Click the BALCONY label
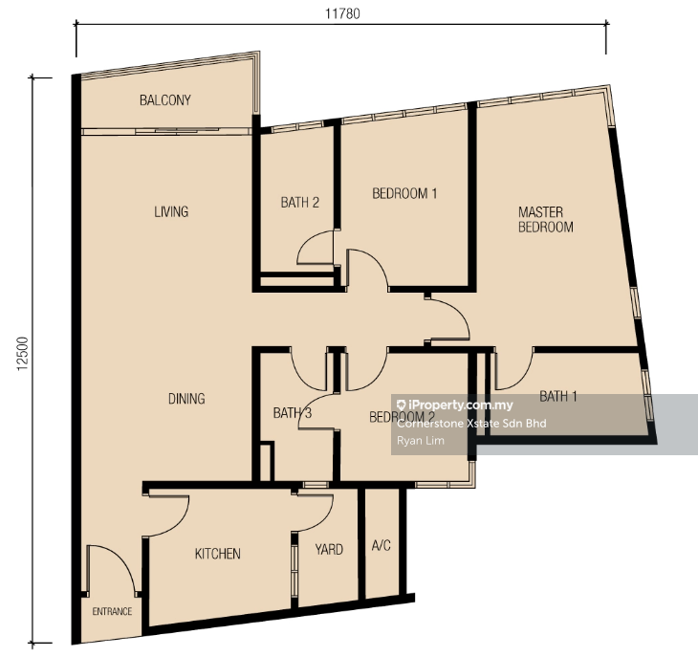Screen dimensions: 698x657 click(x=165, y=100)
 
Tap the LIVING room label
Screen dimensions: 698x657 click(x=171, y=211)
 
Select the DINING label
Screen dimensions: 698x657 click(x=186, y=399)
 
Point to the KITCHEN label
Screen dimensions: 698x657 click(x=218, y=554)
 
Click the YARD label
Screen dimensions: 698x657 click(x=329, y=549)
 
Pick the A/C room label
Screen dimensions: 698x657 click(x=382, y=545)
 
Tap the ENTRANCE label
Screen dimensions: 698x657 click(x=112, y=612)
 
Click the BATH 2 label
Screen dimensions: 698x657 click(x=300, y=203)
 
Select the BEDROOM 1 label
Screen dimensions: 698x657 click(x=404, y=193)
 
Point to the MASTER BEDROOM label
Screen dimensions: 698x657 click(x=546, y=219)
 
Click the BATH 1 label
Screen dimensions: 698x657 click(x=558, y=396)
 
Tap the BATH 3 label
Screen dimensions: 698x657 click(x=293, y=412)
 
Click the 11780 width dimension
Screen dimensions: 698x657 click(x=342, y=13)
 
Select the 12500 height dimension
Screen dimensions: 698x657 click(x=22, y=354)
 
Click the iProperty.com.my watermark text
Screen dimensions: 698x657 click(x=454, y=405)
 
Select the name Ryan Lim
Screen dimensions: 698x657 click(x=421, y=441)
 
